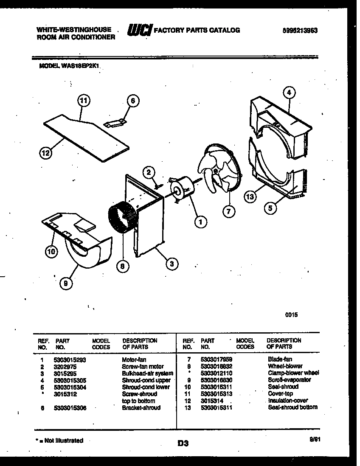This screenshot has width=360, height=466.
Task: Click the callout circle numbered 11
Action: [84, 101]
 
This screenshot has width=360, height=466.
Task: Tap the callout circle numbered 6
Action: [132, 101]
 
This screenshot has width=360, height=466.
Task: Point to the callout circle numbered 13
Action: [251, 196]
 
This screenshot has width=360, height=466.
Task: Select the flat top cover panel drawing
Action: [87, 139]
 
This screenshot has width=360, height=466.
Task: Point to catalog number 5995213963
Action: [300, 31]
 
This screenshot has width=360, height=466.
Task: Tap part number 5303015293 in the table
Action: [70, 359]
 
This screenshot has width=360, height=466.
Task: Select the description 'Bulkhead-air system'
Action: [147, 373]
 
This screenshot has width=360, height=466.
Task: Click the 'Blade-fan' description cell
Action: [280, 359]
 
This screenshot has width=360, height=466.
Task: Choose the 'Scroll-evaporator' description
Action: [289, 380]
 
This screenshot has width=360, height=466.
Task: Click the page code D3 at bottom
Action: [183, 444]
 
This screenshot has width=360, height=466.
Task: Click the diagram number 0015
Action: [291, 315]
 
